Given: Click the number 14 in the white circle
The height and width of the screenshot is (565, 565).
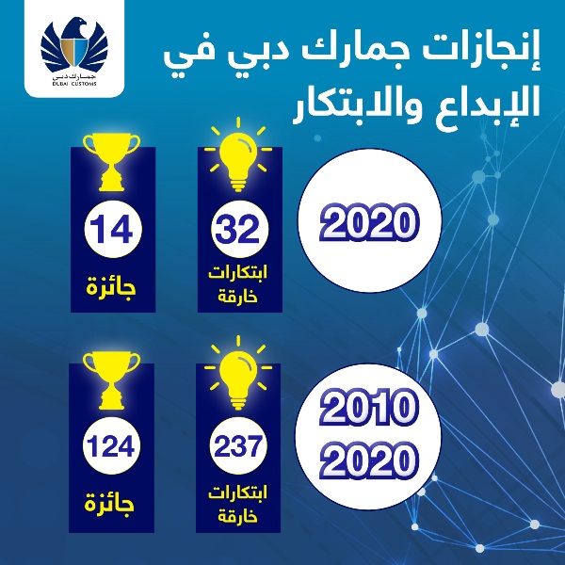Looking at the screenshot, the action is tap(111, 230).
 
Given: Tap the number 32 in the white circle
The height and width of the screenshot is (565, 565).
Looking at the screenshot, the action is tap(238, 230).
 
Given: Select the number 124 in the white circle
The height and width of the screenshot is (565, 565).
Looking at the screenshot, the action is tap(110, 446).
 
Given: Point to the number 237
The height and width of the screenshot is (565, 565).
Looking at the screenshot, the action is tap(238, 446).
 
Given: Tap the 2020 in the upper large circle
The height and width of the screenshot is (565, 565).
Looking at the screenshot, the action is tap(369, 221).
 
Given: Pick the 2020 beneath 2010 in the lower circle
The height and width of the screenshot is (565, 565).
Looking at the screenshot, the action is tap(369, 460).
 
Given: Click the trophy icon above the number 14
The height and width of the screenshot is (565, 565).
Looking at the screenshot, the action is tap(111, 162).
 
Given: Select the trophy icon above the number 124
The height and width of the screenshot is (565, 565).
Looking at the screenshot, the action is tap(111, 380).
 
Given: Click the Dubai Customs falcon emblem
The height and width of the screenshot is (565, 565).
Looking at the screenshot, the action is tap(74, 45).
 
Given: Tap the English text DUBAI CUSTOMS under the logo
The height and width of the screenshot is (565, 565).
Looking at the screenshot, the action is tap(74, 84).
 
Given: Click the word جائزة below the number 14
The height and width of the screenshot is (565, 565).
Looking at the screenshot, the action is tap(111, 287).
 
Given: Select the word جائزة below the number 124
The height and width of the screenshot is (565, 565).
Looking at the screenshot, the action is tap(109, 504).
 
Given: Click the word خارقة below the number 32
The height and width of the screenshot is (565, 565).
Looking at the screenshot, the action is tap(237, 297).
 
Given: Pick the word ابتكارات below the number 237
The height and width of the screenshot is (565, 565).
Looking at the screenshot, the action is tap(237, 492).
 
